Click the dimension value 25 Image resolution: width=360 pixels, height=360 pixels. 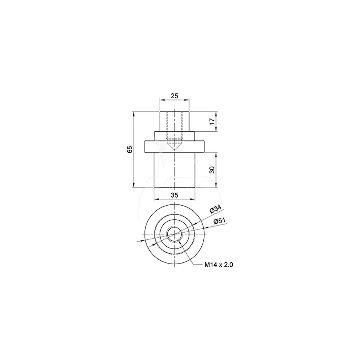click(x=175, y=95)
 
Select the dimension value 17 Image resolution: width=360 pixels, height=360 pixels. click(x=212, y=121)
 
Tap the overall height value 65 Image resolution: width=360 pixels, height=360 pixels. click(x=130, y=149)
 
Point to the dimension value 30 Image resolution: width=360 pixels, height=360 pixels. click(x=212, y=170)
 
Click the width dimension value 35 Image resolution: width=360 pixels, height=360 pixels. click(x=175, y=195)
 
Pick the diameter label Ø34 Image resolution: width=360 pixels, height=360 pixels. click(x=215, y=209)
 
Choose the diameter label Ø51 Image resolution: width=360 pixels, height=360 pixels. click(x=220, y=221)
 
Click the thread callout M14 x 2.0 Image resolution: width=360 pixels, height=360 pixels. click(x=219, y=265)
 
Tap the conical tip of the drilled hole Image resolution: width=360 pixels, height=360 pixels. click(x=175, y=150)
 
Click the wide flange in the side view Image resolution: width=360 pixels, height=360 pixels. click(x=175, y=147)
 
